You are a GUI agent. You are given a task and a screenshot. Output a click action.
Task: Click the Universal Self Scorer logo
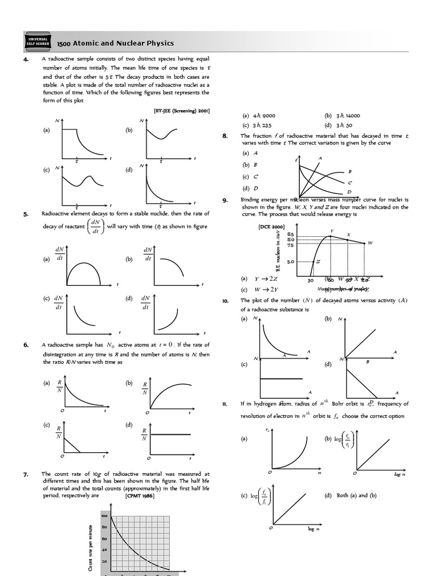pos(38,43)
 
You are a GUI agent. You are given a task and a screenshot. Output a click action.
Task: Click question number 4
pos(26,58)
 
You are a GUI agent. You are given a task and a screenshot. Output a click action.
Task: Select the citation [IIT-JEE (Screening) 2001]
pos(181,111)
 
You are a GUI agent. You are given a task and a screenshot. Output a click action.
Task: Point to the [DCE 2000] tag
pos(272,227)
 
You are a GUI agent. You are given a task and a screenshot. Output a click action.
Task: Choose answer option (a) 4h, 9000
pos(259,115)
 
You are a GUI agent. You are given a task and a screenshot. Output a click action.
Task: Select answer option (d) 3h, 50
pos(338,125)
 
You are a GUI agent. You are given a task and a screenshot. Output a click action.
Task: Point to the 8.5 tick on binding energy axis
pos(290,234)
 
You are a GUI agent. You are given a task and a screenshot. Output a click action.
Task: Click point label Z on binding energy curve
pos(318,262)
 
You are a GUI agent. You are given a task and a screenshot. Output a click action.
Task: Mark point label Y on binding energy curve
pos(331,231)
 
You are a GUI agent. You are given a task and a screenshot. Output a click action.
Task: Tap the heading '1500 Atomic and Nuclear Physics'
pos(115,43)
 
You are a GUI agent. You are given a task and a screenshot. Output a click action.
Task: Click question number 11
pos(224,404)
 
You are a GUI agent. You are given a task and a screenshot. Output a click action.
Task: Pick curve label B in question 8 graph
pos(350,171)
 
